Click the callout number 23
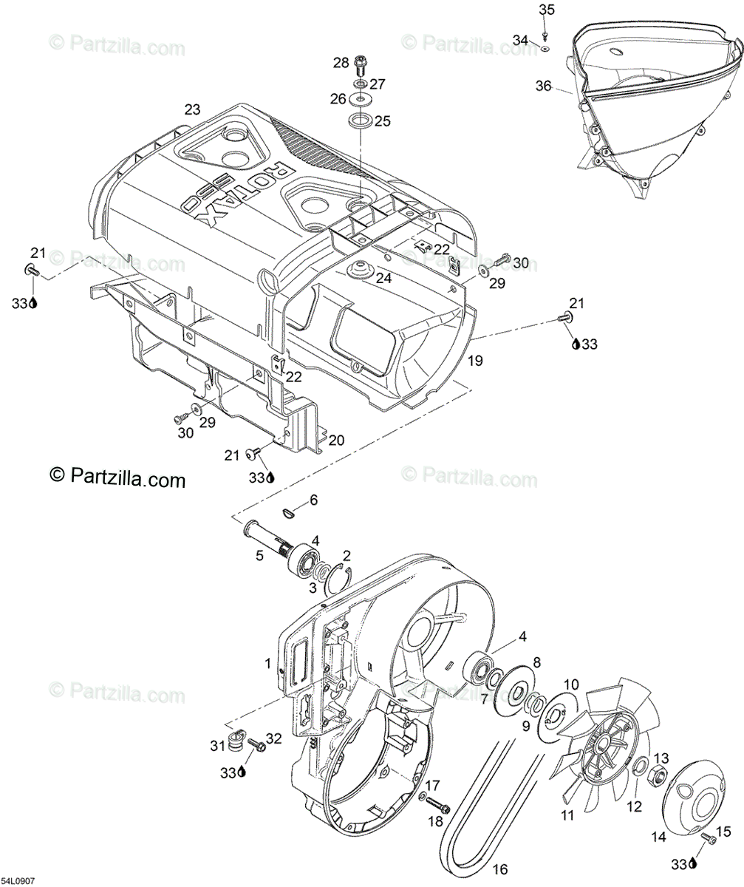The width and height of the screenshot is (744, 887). pos(192,109)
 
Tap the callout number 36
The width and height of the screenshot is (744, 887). pos(544,86)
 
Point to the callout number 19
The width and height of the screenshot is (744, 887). pos(475,361)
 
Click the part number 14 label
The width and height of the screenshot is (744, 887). pos(658,837)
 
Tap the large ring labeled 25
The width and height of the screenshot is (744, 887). pos(360,120)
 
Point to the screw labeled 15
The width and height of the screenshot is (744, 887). pos(709,838)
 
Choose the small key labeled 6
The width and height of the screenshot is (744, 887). pos(290,510)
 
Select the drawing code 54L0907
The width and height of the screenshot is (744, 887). pos(18,881)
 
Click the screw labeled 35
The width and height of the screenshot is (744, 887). pos(545,34)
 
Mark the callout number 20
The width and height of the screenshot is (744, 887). pos(336,441)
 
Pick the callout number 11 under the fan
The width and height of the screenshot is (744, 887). pos(567,816)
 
